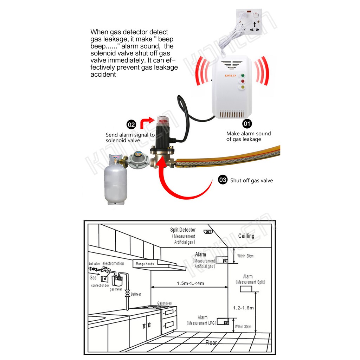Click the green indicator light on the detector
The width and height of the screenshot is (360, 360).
click(x=243, y=75)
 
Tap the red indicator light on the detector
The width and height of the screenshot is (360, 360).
click(x=243, y=81)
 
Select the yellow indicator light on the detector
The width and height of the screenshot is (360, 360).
click(x=243, y=87)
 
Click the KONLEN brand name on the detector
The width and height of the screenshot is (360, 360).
click(x=230, y=76)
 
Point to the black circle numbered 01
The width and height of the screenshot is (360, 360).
click(x=247, y=124)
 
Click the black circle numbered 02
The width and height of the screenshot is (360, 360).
click(x=131, y=125)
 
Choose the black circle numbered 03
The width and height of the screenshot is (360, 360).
click(x=223, y=180)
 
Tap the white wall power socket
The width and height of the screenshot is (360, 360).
click(x=249, y=21)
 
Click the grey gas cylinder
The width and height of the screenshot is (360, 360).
click(x=115, y=179)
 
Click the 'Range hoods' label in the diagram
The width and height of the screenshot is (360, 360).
click(x=145, y=264)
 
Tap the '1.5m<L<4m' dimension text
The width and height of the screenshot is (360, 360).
click(x=190, y=283)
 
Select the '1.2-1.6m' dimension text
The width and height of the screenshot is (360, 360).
click(x=243, y=308)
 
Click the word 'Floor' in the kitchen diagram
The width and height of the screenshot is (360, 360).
click(x=211, y=343)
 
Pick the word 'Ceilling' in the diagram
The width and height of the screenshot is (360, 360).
click(x=246, y=236)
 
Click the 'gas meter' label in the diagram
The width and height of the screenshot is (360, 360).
click(x=116, y=289)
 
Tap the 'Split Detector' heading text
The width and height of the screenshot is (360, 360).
click(x=183, y=230)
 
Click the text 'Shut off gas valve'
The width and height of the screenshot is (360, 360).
click(x=252, y=180)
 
